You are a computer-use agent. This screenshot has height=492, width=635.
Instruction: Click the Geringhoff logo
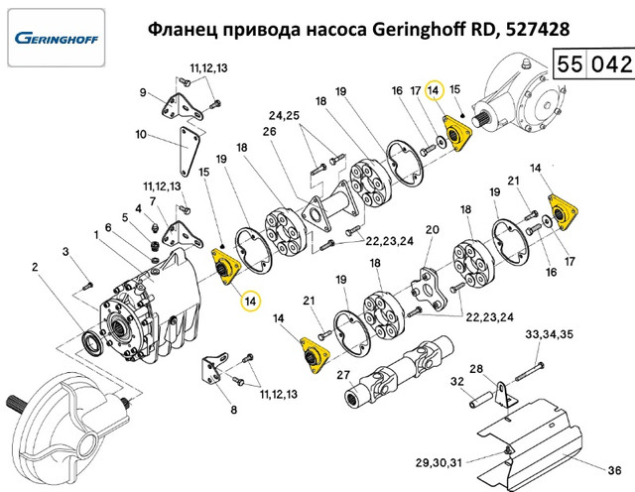(57, 38)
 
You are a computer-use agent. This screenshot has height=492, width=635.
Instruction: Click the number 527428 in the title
(538, 29)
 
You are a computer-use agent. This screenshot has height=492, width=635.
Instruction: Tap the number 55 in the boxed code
(570, 64)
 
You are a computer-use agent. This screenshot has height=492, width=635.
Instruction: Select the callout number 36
(614, 470)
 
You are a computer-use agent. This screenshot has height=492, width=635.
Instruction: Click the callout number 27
(343, 375)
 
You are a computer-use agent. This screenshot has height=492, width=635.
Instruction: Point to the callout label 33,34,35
(549, 334)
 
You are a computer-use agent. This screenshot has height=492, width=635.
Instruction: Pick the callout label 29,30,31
(439, 462)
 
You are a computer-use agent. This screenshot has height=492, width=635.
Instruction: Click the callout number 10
(141, 134)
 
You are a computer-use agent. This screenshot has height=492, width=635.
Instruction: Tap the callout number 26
(269, 132)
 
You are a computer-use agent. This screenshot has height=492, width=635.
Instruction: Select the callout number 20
(433, 229)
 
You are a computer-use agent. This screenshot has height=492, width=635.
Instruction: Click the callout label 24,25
(284, 115)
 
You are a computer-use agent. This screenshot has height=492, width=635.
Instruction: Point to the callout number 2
(35, 267)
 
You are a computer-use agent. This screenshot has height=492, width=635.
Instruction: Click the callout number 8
(234, 410)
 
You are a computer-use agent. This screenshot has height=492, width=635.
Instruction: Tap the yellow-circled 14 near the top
(434, 90)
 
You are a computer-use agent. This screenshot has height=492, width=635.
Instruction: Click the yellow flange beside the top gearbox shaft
(457, 133)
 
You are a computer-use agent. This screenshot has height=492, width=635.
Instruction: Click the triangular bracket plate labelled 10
(189, 152)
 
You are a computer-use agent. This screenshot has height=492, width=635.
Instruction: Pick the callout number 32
(457, 382)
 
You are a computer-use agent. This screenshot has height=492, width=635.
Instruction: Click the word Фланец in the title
(184, 30)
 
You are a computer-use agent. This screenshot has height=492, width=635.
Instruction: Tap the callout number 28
(476, 369)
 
